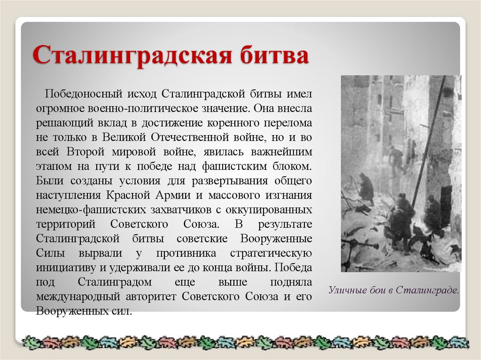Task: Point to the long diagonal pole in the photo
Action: coord(428,141)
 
